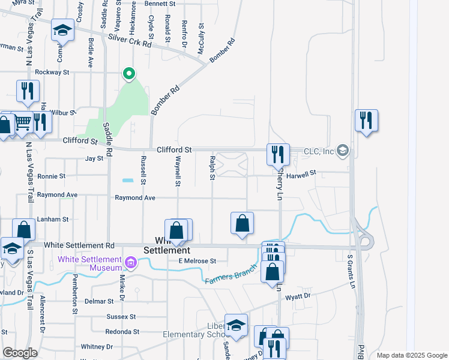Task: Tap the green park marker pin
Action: [x=128, y=74]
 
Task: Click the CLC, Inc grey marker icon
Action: [x=343, y=150]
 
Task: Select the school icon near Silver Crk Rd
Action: [x=62, y=30]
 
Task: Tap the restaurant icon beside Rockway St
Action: [x=28, y=91]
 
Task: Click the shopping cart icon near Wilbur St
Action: [x=23, y=122]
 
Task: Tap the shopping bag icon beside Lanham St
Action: [x=23, y=230]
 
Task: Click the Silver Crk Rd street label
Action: [x=130, y=40]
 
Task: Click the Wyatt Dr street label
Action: [x=298, y=295]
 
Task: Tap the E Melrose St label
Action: [x=197, y=261]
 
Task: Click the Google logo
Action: [x=20, y=353]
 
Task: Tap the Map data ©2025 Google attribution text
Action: [x=411, y=355]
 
